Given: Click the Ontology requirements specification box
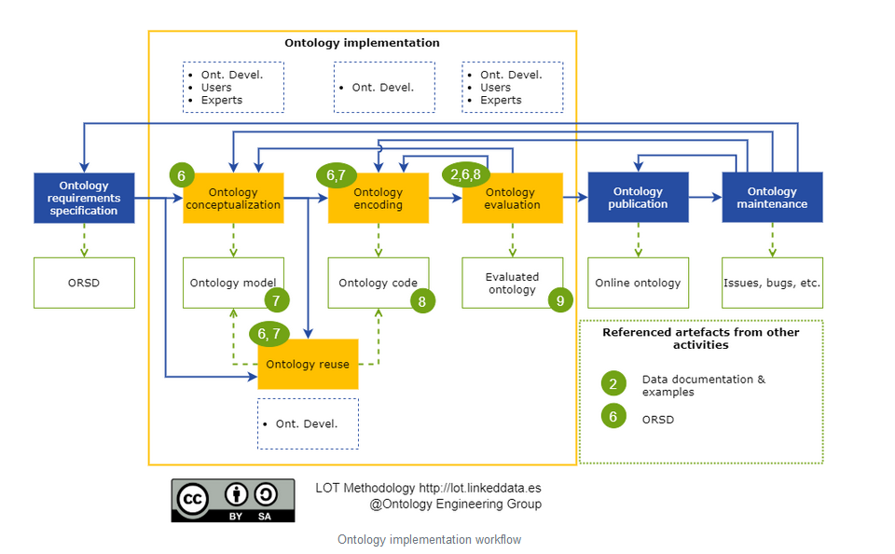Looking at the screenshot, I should (84, 198).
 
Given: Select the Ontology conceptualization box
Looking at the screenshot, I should (233, 199).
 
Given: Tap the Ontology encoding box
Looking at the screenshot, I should (378, 199).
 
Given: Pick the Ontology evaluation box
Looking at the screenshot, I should (513, 199).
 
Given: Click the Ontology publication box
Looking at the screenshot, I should (638, 198).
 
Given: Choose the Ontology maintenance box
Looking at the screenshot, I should (772, 198).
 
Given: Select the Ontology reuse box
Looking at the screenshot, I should (308, 364).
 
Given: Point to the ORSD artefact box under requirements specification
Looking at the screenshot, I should (84, 283).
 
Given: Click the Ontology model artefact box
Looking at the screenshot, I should (231, 282).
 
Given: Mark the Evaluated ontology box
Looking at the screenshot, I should (512, 282).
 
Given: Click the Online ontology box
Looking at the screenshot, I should (638, 283).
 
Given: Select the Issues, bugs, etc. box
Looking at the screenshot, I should (772, 283).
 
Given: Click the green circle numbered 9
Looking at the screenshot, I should (560, 300).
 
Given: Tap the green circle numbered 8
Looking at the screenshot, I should (422, 300).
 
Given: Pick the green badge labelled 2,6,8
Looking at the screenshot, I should (464, 173).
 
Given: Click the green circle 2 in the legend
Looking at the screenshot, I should (613, 384).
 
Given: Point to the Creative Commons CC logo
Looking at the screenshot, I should (194, 500).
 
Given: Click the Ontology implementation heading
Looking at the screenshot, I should (362, 43).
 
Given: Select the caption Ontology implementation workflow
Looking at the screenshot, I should (429, 540).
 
